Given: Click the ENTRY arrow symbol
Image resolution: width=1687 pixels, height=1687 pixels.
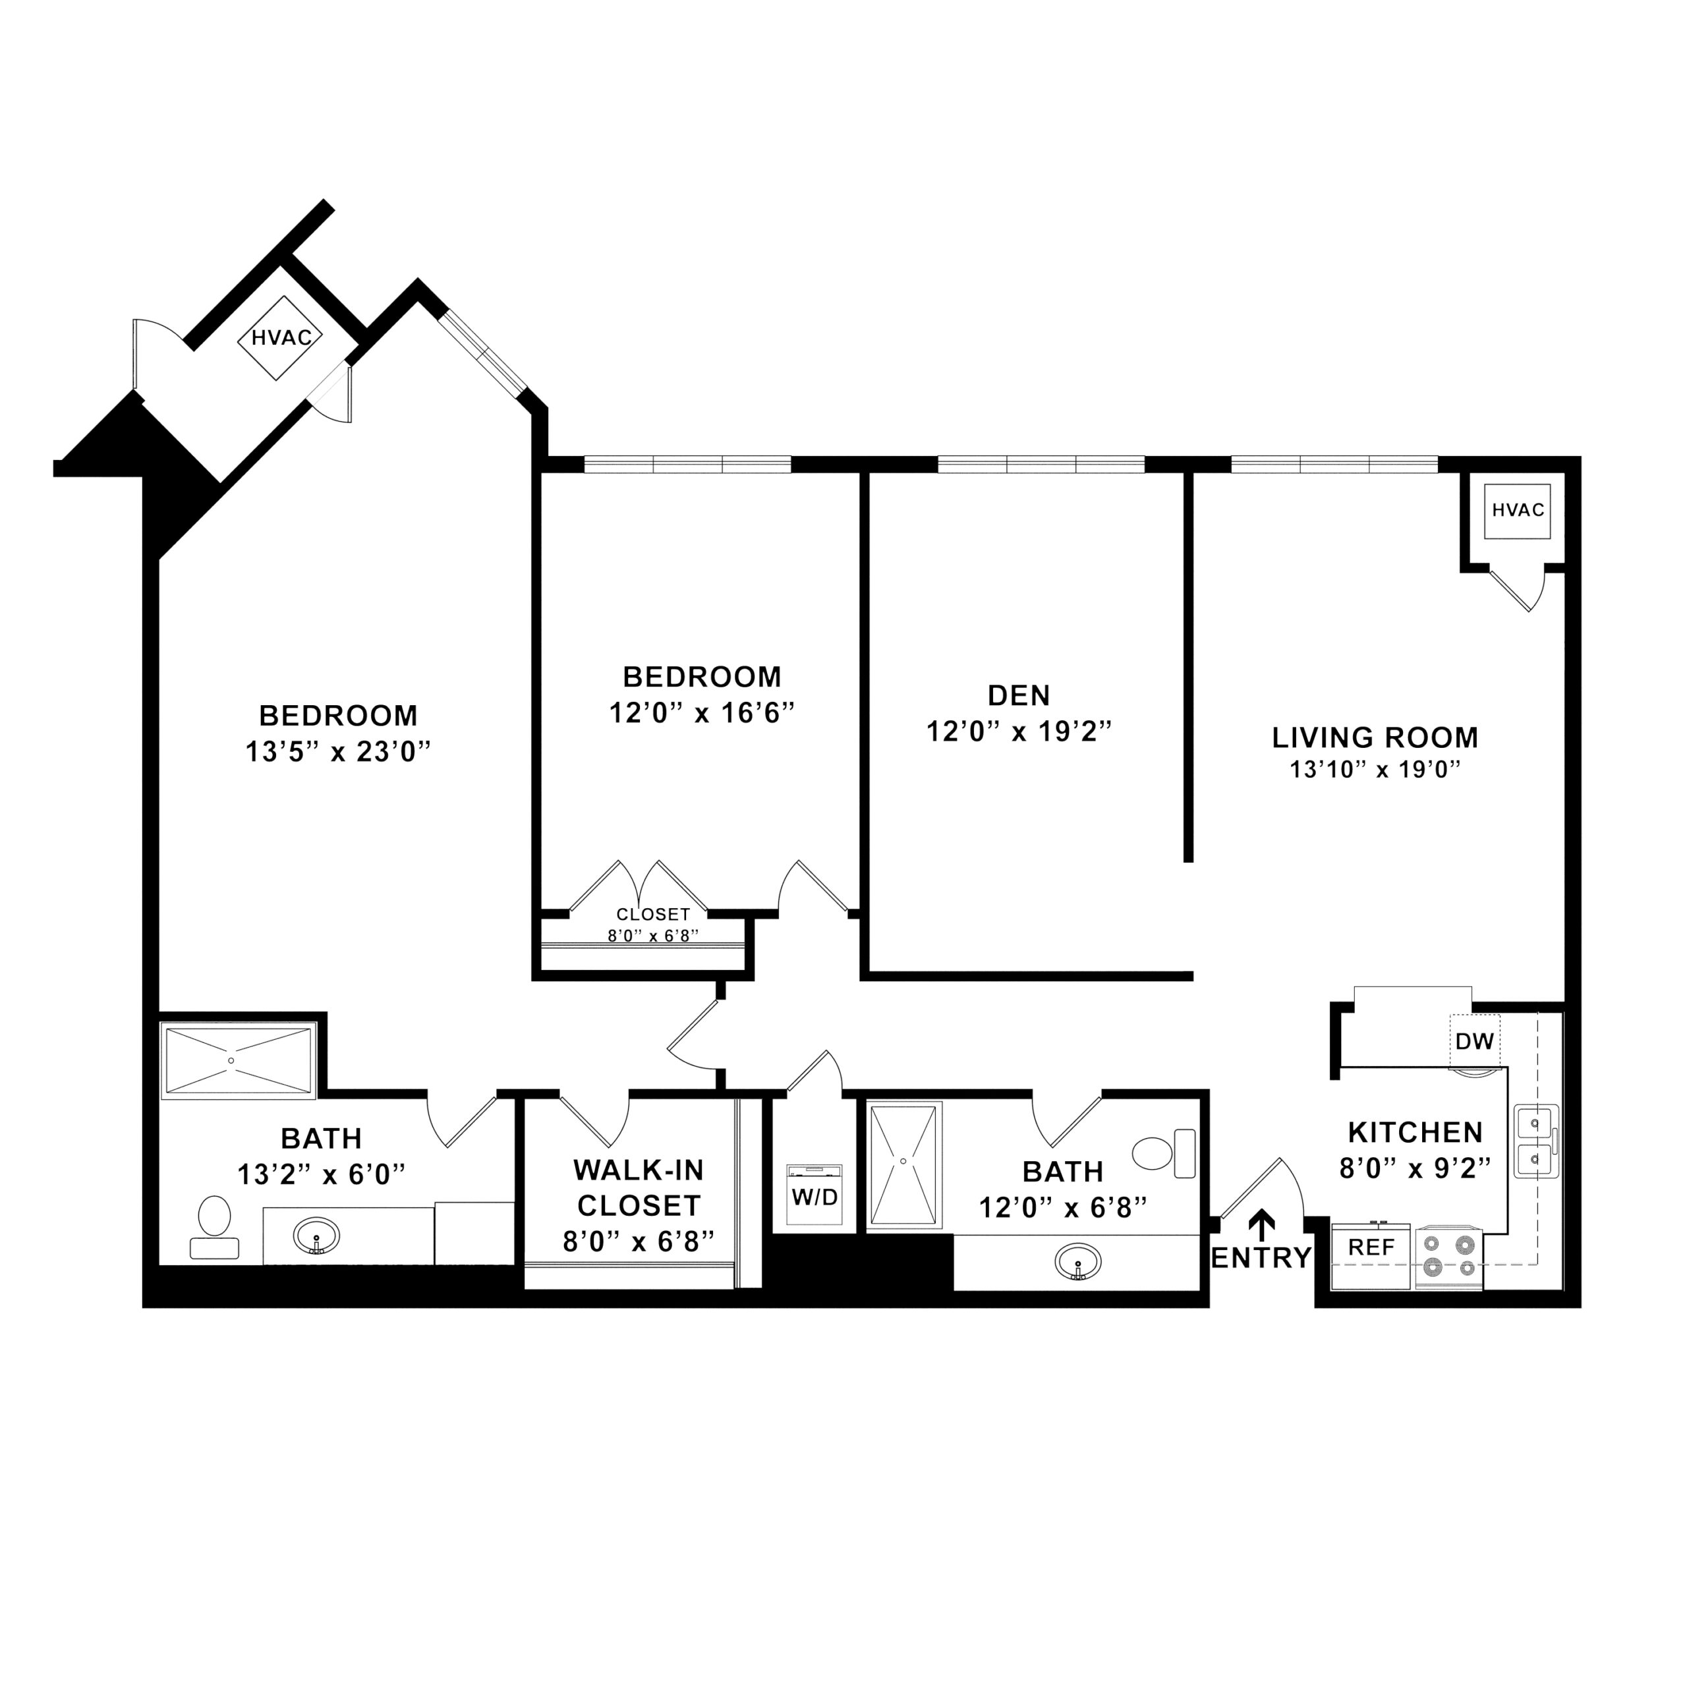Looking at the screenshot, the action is pyautogui.click(x=1262, y=1225).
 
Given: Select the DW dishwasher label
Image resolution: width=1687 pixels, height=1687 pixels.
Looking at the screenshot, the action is pyautogui.click(x=1475, y=1041).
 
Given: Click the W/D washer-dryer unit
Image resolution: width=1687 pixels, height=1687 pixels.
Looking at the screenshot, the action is pyautogui.click(x=814, y=1195).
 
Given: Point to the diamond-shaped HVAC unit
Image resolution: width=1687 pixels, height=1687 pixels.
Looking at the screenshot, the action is pyautogui.click(x=281, y=338).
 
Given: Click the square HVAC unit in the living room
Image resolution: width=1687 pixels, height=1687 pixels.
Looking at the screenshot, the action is pyautogui.click(x=1518, y=510).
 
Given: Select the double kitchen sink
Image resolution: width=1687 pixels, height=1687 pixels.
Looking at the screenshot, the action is pyautogui.click(x=1535, y=1141).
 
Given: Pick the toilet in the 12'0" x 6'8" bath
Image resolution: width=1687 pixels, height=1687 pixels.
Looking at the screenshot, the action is pyautogui.click(x=1163, y=1153).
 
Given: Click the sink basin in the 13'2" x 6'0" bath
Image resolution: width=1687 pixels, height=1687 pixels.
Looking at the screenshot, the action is pyautogui.click(x=316, y=1236).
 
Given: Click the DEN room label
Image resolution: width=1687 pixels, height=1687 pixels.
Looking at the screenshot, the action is pyautogui.click(x=1018, y=695).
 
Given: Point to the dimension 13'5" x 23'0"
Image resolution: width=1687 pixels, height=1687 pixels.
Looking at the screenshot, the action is pyautogui.click(x=339, y=751).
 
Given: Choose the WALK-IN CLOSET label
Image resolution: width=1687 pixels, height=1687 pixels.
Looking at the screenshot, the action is pyautogui.click(x=639, y=1187).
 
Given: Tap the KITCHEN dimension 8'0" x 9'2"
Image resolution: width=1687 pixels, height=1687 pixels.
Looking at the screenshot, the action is pyautogui.click(x=1415, y=1168).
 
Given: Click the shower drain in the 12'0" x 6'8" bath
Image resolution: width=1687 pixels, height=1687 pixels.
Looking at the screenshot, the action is pyautogui.click(x=903, y=1160).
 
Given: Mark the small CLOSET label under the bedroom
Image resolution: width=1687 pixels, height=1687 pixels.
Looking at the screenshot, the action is pyautogui.click(x=653, y=914).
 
